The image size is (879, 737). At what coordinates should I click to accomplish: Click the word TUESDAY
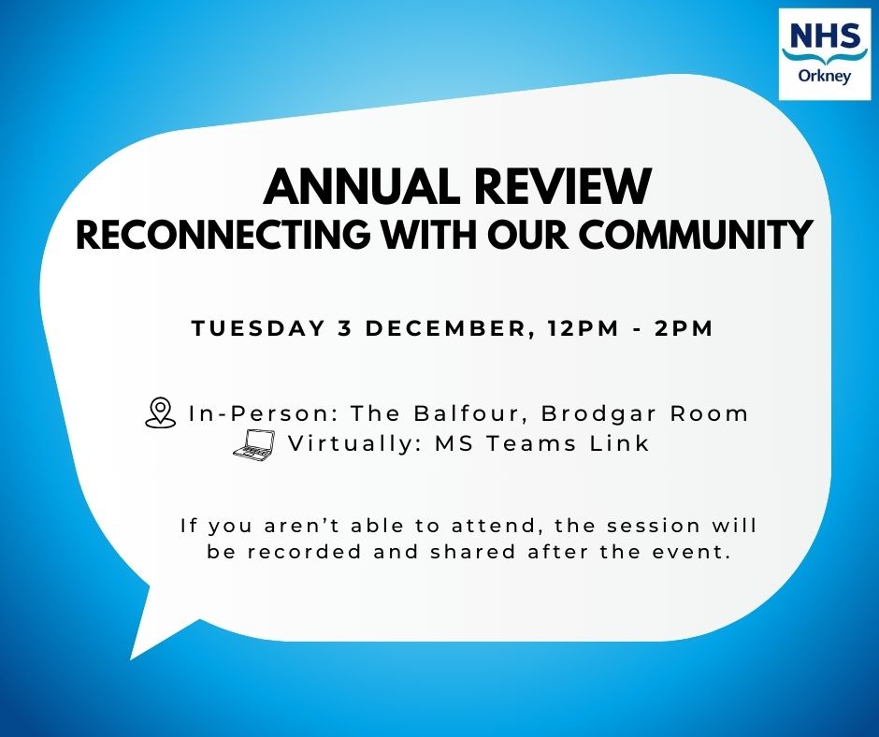258,328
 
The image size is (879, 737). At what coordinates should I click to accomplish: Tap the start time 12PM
584,328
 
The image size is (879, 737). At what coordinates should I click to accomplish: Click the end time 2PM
684,328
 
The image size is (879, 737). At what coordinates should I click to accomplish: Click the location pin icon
160,412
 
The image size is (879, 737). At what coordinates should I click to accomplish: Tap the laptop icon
254,445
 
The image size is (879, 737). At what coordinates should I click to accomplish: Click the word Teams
531,443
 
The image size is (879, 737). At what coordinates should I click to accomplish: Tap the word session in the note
654,526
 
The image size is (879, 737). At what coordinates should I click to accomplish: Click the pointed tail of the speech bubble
131,659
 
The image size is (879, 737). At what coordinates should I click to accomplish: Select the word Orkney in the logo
825,77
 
